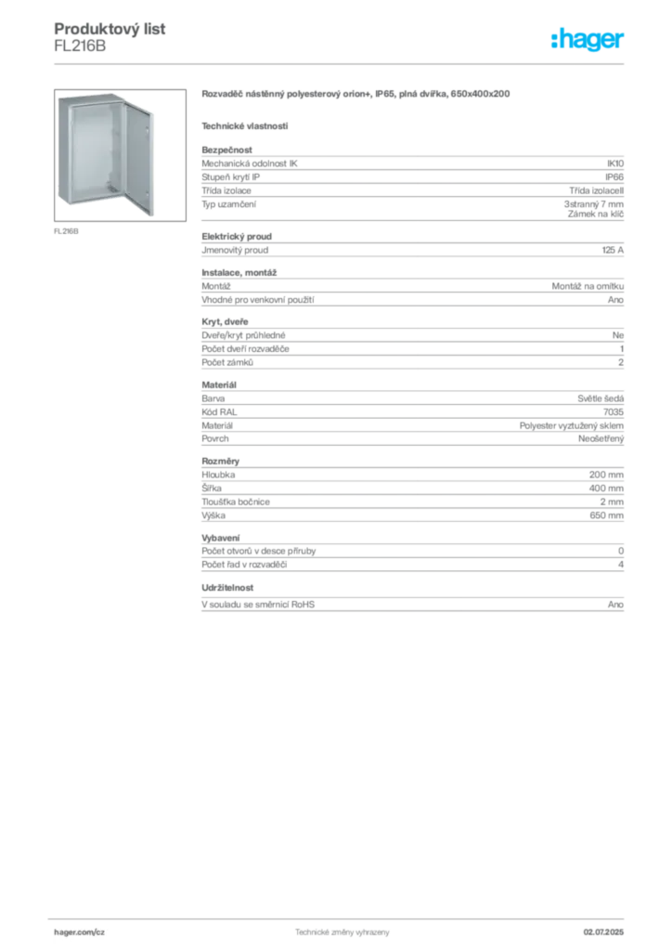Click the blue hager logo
click(x=589, y=41)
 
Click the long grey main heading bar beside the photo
click(x=355, y=95)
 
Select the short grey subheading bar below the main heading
click(x=245, y=125)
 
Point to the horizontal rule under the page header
click(x=342, y=63)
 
